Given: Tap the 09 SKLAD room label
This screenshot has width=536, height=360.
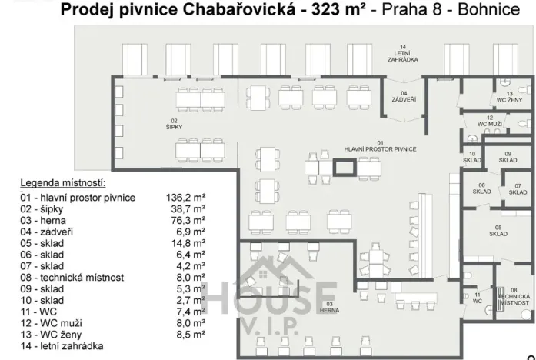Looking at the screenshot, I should (508, 157).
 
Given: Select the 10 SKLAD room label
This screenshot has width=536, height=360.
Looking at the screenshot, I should (473, 157).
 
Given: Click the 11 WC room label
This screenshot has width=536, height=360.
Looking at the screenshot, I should (477, 298).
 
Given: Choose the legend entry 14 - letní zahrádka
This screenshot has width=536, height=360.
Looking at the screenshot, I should (62, 347).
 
